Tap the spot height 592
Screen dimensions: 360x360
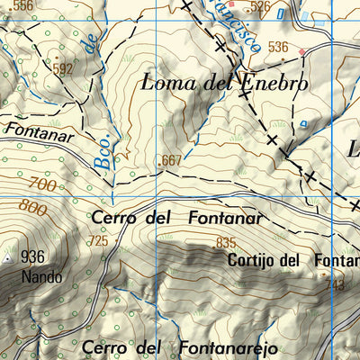tap(62, 68)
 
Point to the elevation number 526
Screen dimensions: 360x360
tap(261, 7)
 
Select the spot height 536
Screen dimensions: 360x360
tap(278, 47)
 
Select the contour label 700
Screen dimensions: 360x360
tap(41, 186)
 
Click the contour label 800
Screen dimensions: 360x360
tap(31, 209)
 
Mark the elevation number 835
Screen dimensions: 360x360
tap(226, 242)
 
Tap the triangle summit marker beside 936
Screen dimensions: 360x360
tap(10, 258)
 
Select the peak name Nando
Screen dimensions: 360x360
tap(43, 276)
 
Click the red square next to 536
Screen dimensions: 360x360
tap(302, 51)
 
